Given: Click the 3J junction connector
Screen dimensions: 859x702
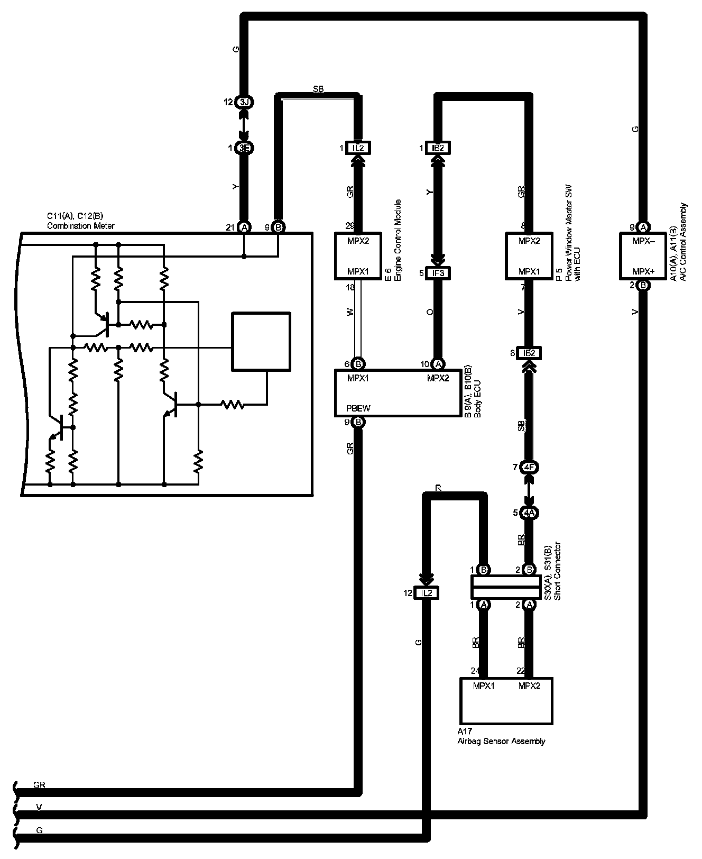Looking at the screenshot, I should [244, 102].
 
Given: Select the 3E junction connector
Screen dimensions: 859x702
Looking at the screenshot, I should [244, 148].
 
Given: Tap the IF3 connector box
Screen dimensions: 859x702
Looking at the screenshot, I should [438, 273].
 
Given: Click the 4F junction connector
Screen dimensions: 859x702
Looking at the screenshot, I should [529, 468].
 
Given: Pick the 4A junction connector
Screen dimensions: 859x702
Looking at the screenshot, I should [529, 513].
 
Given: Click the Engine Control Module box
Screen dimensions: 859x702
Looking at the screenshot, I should [358, 255].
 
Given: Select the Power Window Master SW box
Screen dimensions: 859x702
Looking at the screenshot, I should [529, 255].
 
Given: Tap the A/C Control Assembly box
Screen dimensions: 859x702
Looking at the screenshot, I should [643, 255].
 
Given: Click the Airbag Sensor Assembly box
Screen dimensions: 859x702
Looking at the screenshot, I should [506, 701].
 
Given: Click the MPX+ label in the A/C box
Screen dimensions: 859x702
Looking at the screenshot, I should [643, 272].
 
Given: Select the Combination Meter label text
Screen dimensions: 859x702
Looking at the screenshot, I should [80, 226].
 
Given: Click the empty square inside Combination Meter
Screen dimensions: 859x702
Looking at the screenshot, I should [261, 341].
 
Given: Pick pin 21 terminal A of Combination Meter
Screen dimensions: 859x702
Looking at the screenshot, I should [244, 227].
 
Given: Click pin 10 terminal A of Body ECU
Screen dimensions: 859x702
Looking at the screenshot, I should [438, 364].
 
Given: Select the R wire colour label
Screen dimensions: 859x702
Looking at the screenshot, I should [438, 487].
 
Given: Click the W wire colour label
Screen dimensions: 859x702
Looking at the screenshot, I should [349, 313].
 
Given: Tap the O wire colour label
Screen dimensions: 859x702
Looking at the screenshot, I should [429, 312].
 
